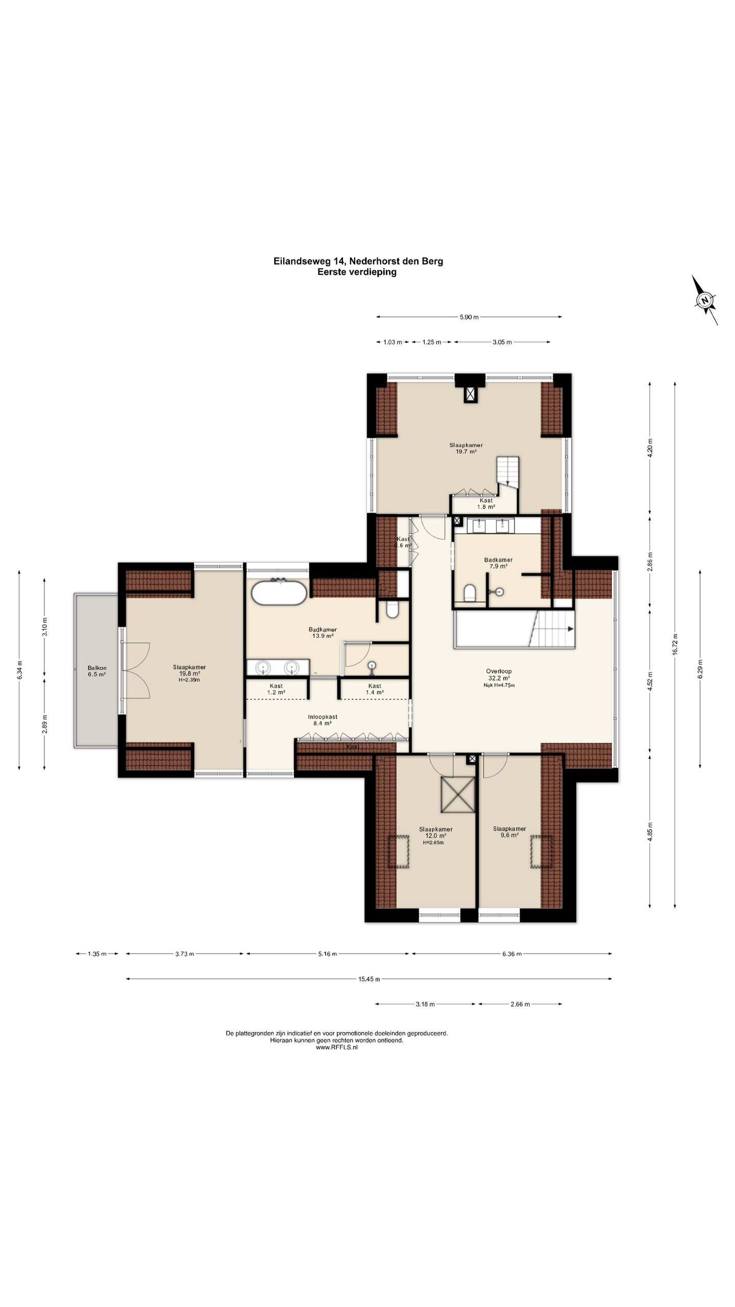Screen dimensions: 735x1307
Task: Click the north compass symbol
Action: [705, 300]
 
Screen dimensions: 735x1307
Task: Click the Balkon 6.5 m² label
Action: [97, 671]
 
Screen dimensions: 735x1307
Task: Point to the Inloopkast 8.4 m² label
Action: [323, 720]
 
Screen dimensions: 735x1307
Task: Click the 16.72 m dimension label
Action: [675, 644]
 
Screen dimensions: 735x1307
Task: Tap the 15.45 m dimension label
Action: [369, 979]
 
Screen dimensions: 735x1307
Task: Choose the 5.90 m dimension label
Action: [469, 317]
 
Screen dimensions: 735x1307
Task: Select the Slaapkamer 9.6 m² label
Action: [509, 832]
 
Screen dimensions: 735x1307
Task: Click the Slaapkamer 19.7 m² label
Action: [466, 448]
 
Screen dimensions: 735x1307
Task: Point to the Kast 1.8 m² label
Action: [486, 503]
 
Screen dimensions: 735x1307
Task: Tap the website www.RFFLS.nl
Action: [337, 1047]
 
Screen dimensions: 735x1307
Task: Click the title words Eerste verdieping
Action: [357, 272]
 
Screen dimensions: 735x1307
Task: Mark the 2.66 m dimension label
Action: [520, 1004]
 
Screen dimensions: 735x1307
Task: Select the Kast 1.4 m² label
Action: [375, 689]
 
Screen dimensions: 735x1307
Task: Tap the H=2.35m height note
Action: [189, 680]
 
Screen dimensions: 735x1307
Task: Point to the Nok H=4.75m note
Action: [499, 685]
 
